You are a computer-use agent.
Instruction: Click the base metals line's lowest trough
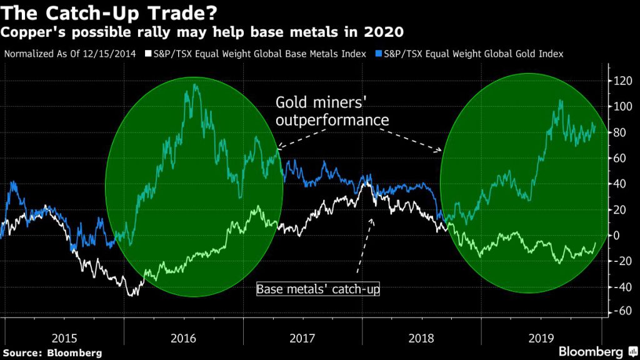click(x=131, y=294)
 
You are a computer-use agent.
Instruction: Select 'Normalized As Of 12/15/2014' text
click(x=69, y=54)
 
